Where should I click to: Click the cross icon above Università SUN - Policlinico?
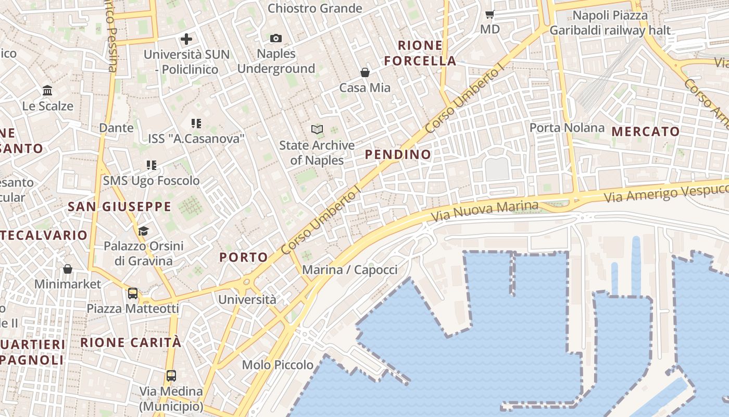[x=186, y=39]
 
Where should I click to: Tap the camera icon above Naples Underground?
[x=276, y=38]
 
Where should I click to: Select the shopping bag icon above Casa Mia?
[x=365, y=72]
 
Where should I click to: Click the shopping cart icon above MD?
[x=489, y=14]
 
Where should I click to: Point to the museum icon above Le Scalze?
[x=47, y=91]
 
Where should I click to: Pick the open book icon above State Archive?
[x=317, y=129]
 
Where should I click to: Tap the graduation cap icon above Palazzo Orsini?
[x=143, y=231]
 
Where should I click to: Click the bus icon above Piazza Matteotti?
[x=133, y=293]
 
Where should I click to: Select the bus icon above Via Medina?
[x=171, y=375]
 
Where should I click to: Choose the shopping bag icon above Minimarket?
[x=67, y=269]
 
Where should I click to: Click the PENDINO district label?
[x=398, y=154]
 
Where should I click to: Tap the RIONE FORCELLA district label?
[x=420, y=53]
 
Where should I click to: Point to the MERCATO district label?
[x=646, y=131]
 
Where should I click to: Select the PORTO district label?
[x=243, y=257]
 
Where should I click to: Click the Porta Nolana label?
[x=567, y=128]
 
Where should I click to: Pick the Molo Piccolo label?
[x=278, y=365]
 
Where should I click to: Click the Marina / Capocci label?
[x=349, y=270]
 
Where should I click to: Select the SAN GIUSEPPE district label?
[x=120, y=207]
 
